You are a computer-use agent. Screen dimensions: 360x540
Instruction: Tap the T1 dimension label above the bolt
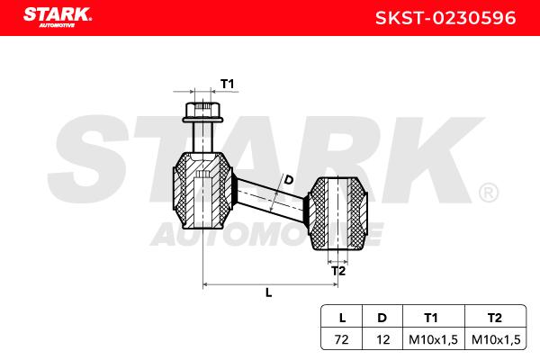click(x=228, y=84)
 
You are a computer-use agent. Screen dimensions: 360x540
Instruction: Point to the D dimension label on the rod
click(x=288, y=180)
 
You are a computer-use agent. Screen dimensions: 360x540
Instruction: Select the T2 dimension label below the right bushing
click(x=337, y=270)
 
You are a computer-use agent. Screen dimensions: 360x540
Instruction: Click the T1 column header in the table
click(x=431, y=317)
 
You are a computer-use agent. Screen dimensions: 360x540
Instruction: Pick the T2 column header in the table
click(x=495, y=317)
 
